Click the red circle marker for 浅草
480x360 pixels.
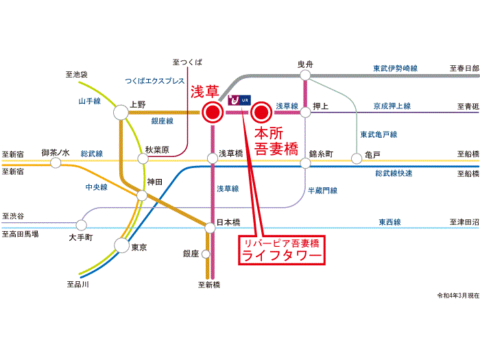(213, 112)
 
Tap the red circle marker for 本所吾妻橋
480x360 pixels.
(262, 112)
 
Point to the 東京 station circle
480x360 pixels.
(122, 246)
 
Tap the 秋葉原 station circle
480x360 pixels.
(143, 158)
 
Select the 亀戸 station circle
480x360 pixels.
(357, 158)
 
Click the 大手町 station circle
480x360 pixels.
(82, 224)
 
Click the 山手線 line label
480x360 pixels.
(89, 101)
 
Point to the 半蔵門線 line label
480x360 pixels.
(322, 190)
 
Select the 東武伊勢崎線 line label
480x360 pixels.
(396, 69)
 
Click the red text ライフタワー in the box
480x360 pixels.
(281, 256)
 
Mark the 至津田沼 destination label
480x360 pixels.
(464, 222)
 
